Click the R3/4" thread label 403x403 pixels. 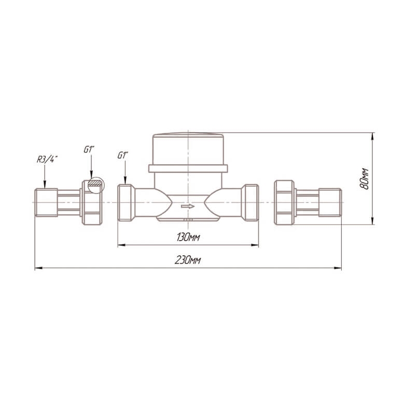(47, 160)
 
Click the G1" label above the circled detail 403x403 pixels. (89, 149)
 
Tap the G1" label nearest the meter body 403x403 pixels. (122, 155)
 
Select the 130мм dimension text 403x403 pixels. (188, 237)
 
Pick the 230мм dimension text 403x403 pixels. (188, 260)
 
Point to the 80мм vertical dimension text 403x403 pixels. (364, 179)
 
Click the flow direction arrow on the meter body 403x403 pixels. (188, 206)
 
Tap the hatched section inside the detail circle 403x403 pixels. (95, 183)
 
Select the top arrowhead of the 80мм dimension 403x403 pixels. (373, 136)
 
